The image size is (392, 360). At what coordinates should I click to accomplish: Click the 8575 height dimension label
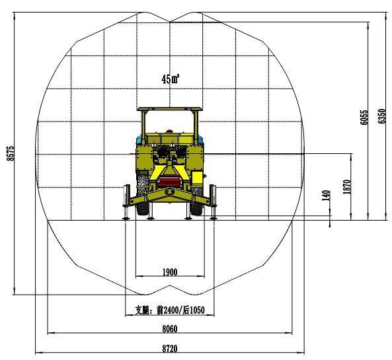pos(11,153)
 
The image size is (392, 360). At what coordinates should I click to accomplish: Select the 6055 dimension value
pos(364,118)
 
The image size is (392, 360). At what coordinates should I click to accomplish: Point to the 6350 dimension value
pos(381,116)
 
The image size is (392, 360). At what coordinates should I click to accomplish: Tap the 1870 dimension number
pos(347,187)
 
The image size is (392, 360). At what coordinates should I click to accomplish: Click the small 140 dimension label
pos(326,196)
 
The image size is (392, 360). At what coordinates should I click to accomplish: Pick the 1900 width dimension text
pos(170,272)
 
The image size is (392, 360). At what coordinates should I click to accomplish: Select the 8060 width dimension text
pos(170,329)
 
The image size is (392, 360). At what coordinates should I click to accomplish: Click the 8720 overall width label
pos(170,349)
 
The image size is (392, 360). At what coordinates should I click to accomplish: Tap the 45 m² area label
pos(171,79)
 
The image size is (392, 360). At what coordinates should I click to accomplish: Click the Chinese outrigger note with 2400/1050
pos(170,310)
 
